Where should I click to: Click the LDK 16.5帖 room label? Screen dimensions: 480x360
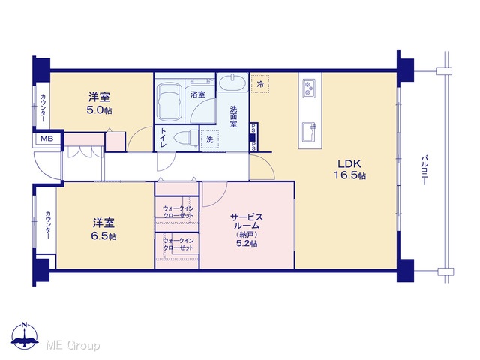tap(349, 169)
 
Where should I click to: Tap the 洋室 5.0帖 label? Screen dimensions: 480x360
tap(99, 103)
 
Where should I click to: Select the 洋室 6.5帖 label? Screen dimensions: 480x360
tap(103, 229)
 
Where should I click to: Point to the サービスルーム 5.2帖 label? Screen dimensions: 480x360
tap(247, 230)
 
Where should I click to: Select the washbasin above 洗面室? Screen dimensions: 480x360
tap(232, 82)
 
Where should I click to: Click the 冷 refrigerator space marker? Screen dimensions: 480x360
tap(260, 83)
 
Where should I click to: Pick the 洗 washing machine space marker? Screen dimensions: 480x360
tap(210, 139)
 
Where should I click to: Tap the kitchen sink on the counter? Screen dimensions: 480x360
tap(309, 132)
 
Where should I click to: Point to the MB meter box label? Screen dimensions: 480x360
tap(46, 139)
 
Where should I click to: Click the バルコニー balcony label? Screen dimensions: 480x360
tap(424, 170)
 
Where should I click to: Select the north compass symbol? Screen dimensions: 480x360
tap(25, 336)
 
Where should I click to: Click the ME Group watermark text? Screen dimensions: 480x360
tap(73, 345)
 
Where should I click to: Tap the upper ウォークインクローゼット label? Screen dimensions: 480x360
tap(178, 211)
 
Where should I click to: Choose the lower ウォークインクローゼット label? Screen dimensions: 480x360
tap(178, 244)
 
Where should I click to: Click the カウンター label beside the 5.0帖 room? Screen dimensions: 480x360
tap(43, 108)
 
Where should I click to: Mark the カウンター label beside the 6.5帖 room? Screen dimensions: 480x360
tap(48, 225)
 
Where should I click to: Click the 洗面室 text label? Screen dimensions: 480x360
tap(233, 116)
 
